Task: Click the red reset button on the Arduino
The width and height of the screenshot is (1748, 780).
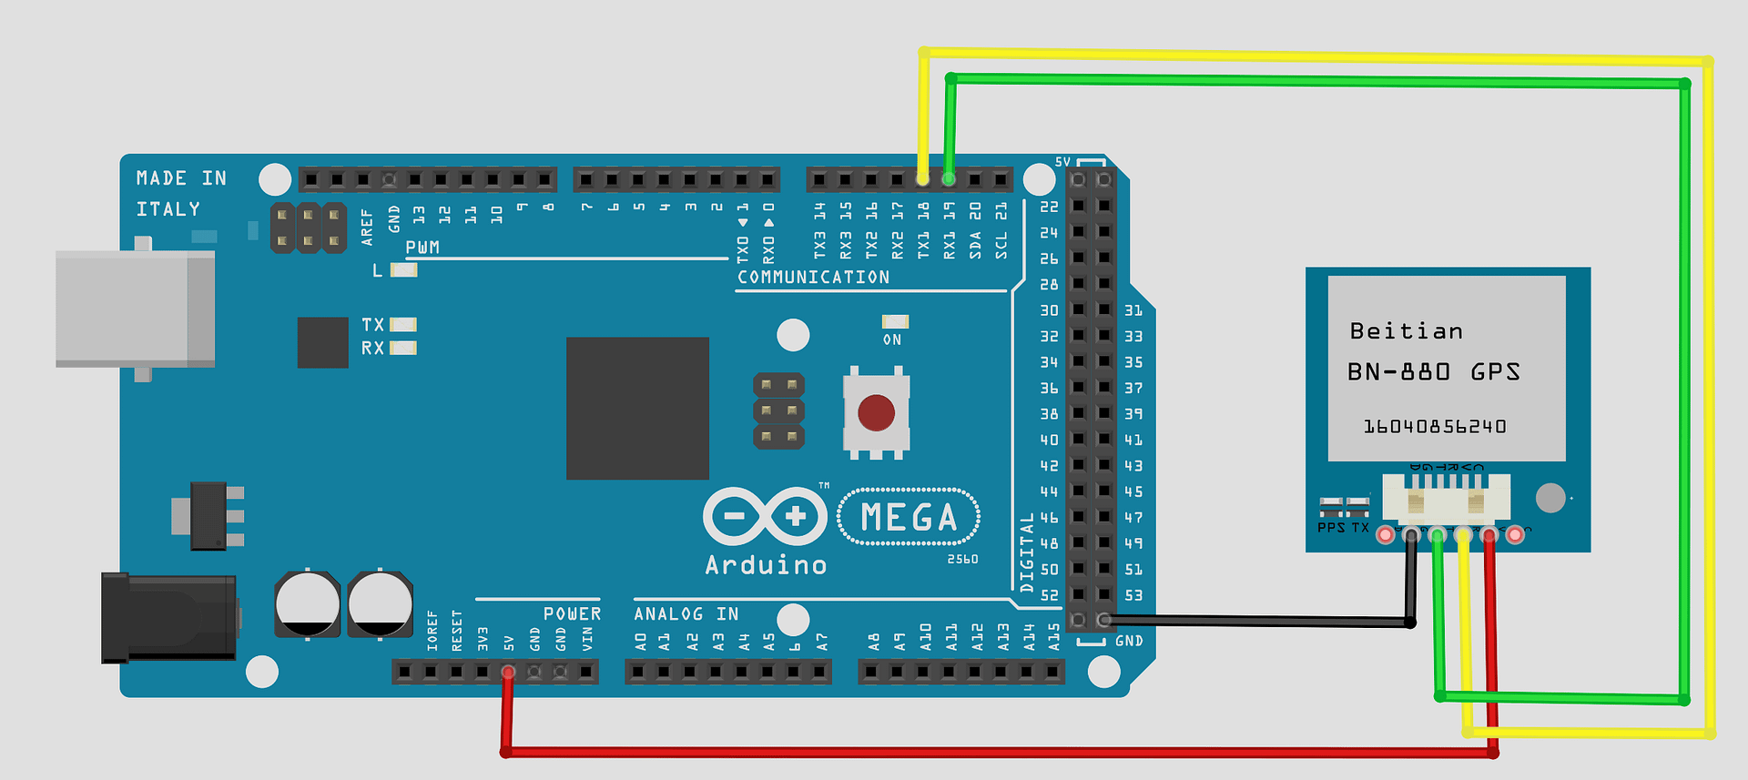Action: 876,412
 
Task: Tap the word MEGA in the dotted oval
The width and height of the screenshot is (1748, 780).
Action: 909,518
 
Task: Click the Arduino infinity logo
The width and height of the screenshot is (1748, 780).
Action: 765,516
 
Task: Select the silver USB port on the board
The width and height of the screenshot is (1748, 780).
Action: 135,309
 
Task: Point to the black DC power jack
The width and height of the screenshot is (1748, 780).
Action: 169,617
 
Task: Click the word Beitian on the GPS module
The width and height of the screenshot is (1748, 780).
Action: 1406,331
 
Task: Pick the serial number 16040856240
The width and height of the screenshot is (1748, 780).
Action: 1434,426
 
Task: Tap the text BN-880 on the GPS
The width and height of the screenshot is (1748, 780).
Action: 1399,371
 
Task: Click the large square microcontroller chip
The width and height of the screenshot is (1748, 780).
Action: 637,408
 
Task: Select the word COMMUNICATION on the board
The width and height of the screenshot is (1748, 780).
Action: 813,277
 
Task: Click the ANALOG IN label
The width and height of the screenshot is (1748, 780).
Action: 686,614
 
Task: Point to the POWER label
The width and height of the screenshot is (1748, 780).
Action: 572,614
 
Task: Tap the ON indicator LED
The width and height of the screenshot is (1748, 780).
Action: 895,321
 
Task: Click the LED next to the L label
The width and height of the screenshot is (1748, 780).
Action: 403,270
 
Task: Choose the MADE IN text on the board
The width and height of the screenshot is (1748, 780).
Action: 181,178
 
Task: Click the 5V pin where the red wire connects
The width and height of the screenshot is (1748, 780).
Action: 508,673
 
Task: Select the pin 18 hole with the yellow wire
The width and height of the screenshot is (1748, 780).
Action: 923,179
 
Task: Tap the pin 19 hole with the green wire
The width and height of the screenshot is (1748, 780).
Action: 950,179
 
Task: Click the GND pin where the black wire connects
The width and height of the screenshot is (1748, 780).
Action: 1103,621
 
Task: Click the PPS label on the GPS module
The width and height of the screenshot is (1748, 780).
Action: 1330,528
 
